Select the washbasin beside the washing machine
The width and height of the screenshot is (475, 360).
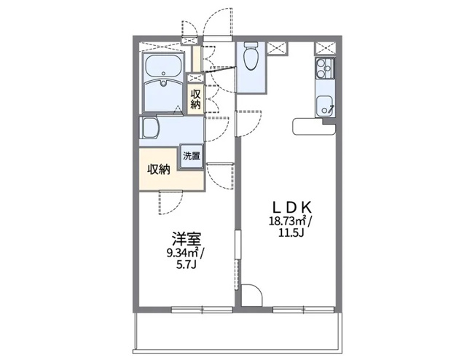pos(152,130)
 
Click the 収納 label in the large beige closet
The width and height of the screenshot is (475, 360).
pos(159,169)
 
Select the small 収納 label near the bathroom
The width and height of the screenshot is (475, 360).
pos(195,98)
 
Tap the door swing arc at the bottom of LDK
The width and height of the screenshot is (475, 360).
pos(252,295)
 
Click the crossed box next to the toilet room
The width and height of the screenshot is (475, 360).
pos(277,49)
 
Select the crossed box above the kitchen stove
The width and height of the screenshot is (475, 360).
pos(323,48)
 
